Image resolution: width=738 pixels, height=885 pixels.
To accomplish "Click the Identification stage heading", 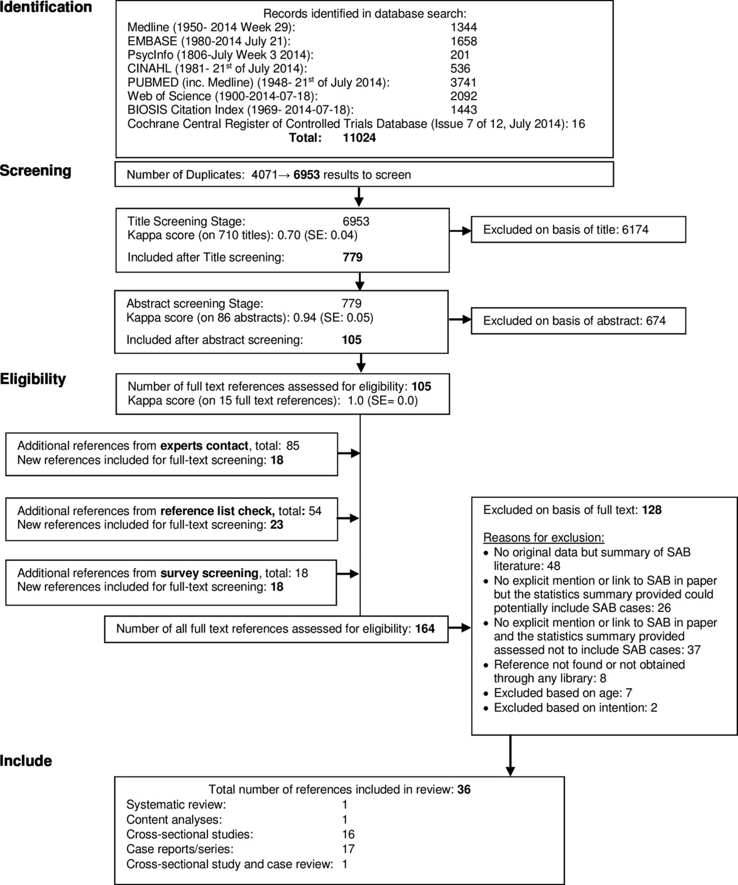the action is (x=46, y=7).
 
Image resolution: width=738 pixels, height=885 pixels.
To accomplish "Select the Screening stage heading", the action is (x=35, y=171).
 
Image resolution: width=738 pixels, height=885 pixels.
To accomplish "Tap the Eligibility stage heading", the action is (x=33, y=379).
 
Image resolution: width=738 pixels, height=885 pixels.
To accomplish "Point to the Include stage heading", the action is (x=26, y=761).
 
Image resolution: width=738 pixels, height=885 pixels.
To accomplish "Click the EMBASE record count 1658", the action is (x=464, y=41).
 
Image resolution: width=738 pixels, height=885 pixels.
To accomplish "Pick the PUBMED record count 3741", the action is (x=464, y=83).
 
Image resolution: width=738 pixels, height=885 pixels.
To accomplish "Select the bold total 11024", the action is (x=359, y=138).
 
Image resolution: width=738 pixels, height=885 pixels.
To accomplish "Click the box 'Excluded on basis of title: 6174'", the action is (x=578, y=230).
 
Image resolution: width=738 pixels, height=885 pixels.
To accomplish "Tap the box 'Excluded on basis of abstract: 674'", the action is (x=578, y=321).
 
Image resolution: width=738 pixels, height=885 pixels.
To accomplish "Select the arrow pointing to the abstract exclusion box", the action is (x=460, y=320).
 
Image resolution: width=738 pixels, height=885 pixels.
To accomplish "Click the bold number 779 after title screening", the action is (x=353, y=257).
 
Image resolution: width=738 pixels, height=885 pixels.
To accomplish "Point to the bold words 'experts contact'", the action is (x=205, y=446).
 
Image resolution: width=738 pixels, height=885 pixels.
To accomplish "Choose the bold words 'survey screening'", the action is (x=209, y=573).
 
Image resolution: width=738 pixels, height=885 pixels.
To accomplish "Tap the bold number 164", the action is (x=425, y=628).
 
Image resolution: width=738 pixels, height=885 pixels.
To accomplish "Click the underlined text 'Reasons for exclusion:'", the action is (x=544, y=537).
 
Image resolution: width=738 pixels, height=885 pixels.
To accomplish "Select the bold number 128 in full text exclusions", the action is (x=652, y=510).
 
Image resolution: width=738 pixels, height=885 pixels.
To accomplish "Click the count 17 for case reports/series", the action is (x=349, y=849).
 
